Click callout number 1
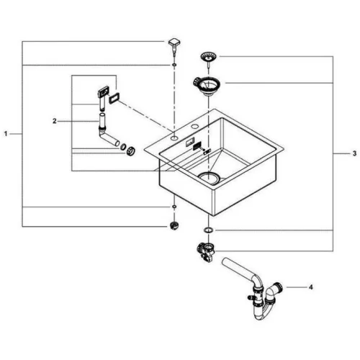6,134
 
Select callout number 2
55,121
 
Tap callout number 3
354,153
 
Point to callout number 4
311,287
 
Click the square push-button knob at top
174,45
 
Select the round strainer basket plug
208,58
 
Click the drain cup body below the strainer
207,86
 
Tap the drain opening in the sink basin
209,178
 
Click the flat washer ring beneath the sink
208,230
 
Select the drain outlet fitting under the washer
206,253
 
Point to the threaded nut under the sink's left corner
174,226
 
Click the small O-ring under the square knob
174,65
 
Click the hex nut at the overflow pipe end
131,150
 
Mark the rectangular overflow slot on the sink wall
190,142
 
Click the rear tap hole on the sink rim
194,126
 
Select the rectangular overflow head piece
103,91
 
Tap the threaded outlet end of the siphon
279,287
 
